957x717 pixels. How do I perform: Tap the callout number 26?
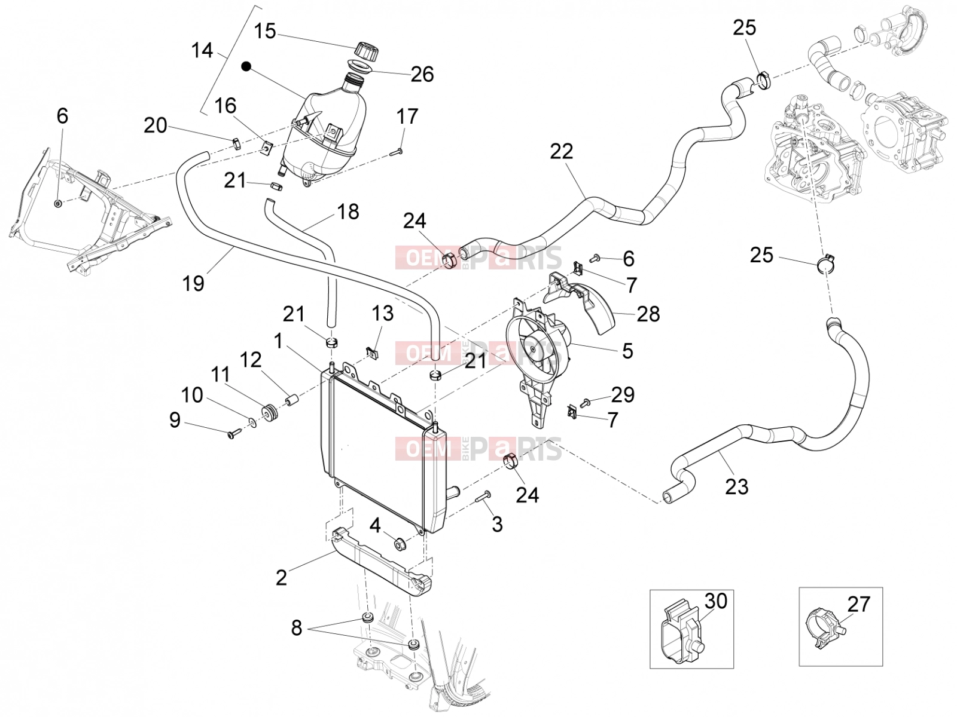click(422, 75)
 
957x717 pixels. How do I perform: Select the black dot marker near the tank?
click(247, 66)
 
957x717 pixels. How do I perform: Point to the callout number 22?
click(561, 152)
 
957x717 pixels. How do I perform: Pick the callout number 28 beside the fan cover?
click(648, 314)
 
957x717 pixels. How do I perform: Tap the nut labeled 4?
click(400, 544)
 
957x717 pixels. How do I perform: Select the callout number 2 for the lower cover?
click(282, 578)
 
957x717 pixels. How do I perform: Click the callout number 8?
click(297, 628)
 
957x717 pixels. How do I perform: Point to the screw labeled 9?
click(234, 433)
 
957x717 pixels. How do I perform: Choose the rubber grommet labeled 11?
click(269, 413)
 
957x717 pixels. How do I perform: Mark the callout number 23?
click(736, 487)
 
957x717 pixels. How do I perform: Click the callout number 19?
click(193, 283)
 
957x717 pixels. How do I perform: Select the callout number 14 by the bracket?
click(202, 51)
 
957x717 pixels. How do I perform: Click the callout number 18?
click(348, 212)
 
